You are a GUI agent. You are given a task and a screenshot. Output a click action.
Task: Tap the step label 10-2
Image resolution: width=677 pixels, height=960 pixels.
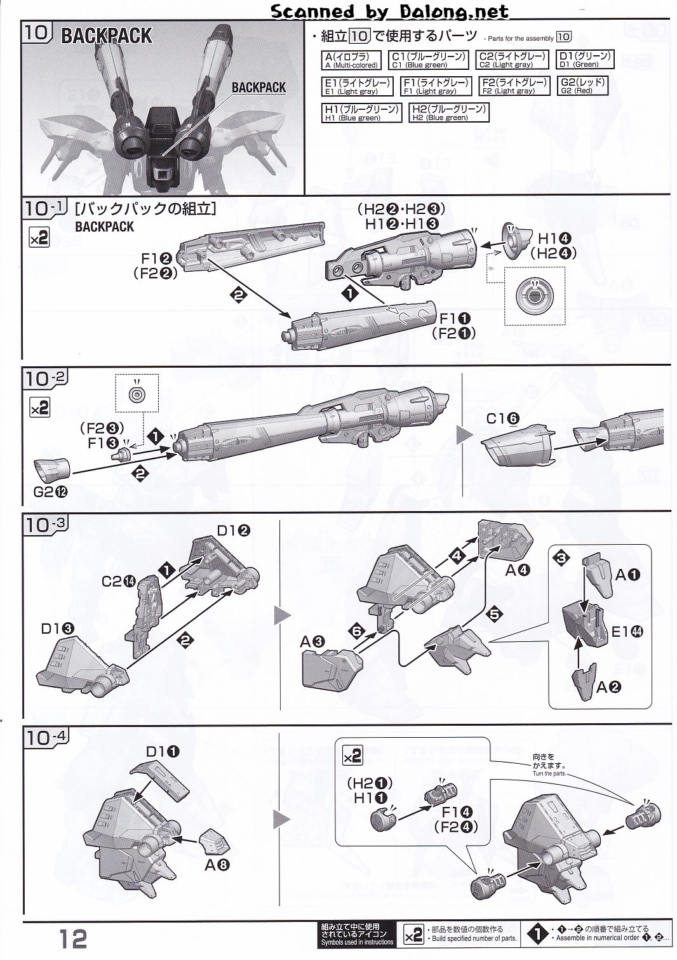pos(46,379)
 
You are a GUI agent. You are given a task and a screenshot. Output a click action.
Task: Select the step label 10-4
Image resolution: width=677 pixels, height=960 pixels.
pos(46,737)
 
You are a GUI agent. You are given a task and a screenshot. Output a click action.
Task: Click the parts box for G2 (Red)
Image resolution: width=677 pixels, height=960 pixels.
pos(582,86)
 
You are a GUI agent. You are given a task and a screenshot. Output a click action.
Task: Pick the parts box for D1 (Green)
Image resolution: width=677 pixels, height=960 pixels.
pos(584,60)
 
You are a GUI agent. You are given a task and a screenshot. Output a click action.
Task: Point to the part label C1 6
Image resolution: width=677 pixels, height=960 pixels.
pos(504,419)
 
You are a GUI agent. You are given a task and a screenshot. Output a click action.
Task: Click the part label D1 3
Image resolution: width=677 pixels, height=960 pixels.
pos(58,629)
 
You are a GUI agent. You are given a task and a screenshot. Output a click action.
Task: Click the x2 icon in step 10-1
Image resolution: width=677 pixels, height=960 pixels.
pos(39,239)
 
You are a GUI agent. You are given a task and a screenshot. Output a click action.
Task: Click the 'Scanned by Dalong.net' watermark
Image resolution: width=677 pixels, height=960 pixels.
pos(389,11)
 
